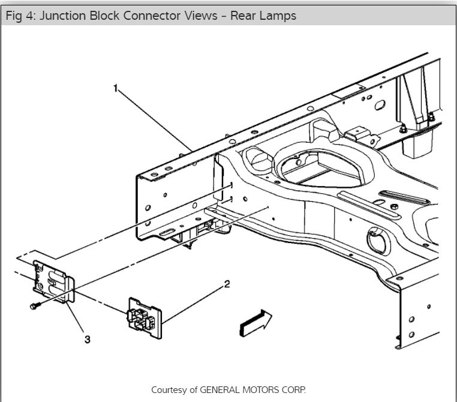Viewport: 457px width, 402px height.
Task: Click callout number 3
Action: [87, 340]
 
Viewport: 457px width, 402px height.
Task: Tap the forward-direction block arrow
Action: [255, 322]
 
